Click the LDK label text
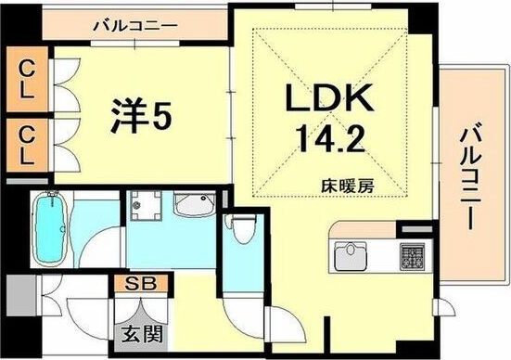click(329, 97)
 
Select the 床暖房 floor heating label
click(348, 186)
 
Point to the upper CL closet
click(27, 79)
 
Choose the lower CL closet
click(27, 145)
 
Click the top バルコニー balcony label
click(135, 25)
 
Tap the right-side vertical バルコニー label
click(470, 179)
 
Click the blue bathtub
click(50, 228)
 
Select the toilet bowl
click(241, 229)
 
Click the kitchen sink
click(351, 256)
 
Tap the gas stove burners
click(412, 257)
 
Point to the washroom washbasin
click(195, 204)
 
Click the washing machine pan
click(146, 205)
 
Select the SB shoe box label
click(141, 284)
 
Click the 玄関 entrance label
click(142, 334)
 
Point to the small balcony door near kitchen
click(444, 307)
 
